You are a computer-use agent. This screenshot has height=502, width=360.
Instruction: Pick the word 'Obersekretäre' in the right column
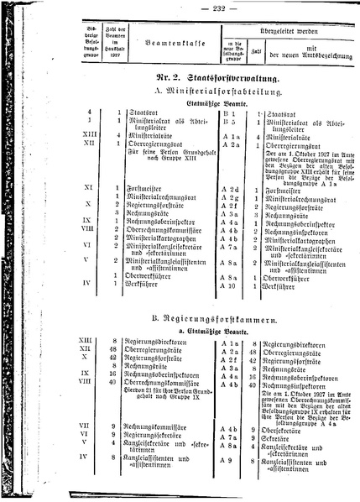click(x=285, y=426)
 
